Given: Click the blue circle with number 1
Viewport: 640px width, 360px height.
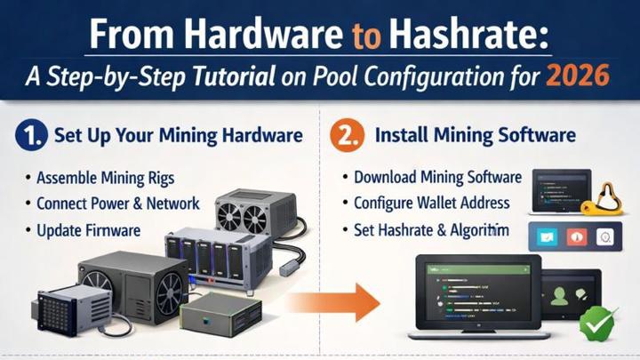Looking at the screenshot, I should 30,138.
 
